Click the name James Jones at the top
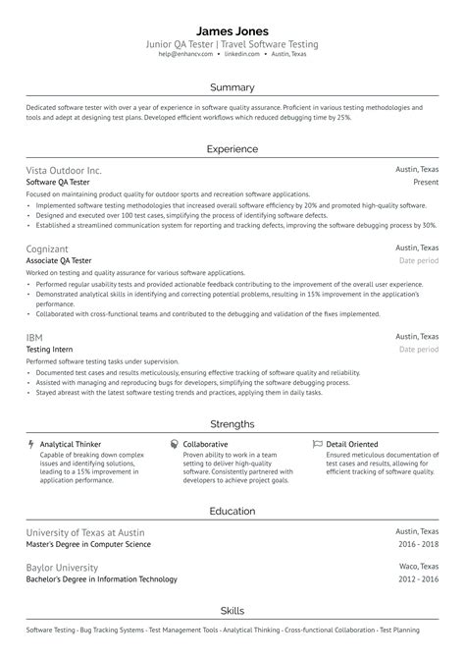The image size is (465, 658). [232, 30]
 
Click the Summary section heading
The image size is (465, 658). [232, 87]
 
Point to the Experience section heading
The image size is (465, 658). [232, 149]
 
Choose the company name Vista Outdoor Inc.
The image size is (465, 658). [64, 170]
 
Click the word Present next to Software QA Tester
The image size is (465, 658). [425, 183]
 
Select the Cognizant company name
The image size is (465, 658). [48, 248]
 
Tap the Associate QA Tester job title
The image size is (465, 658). [59, 261]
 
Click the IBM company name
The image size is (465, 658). [34, 337]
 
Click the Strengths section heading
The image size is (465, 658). [232, 424]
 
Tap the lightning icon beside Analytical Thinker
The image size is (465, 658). [31, 444]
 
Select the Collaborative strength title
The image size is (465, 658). [205, 444]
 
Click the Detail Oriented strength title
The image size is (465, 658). [352, 444]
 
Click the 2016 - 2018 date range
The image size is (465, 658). [418, 543]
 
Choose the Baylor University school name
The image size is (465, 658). [63, 567]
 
